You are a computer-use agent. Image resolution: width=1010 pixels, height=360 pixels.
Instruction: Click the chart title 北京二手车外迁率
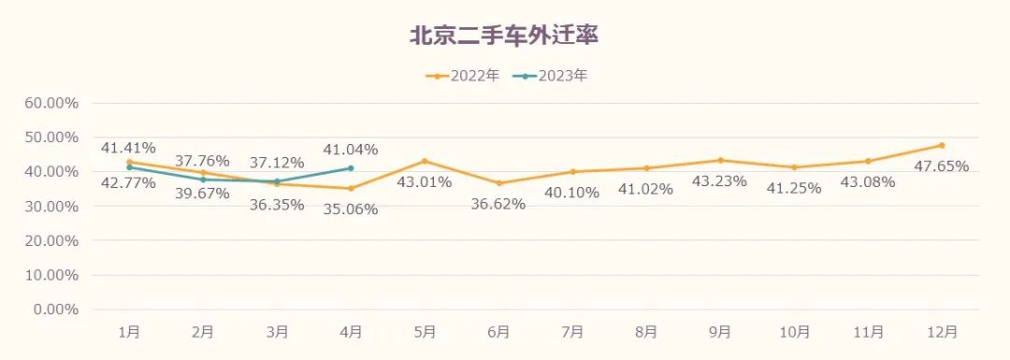[x=504, y=36]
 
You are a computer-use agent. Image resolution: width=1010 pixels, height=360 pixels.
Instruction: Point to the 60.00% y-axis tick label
[x=56, y=103]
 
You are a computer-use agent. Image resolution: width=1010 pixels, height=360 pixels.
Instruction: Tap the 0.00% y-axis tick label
[x=60, y=310]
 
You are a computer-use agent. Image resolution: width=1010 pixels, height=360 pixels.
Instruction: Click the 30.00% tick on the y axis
[x=56, y=206]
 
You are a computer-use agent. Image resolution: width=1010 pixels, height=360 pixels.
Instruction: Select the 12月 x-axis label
[x=942, y=332]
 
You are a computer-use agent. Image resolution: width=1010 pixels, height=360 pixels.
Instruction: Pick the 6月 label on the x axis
[x=498, y=332]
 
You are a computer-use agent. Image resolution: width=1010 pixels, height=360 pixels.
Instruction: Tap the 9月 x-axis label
[x=720, y=332]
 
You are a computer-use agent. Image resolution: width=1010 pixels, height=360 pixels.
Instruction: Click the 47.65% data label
[x=941, y=166]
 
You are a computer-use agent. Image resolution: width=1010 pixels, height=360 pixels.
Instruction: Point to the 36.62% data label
[x=498, y=204]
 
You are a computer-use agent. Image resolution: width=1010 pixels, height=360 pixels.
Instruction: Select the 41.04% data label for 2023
[x=350, y=150]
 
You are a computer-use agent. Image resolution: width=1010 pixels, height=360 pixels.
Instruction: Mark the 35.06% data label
[x=350, y=209]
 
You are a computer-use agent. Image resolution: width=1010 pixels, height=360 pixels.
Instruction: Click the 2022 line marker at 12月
[x=942, y=145]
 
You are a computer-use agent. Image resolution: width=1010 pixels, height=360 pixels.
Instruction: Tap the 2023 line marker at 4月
[x=351, y=168]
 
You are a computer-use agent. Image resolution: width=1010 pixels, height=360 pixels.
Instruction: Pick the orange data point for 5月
[x=425, y=161]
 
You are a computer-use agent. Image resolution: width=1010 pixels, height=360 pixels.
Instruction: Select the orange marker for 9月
[x=720, y=160]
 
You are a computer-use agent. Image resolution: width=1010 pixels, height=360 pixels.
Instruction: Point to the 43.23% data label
[x=719, y=181]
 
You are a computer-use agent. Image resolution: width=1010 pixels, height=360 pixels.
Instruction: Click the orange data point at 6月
[x=498, y=183]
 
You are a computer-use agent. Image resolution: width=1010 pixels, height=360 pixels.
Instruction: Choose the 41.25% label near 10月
[x=793, y=188]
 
